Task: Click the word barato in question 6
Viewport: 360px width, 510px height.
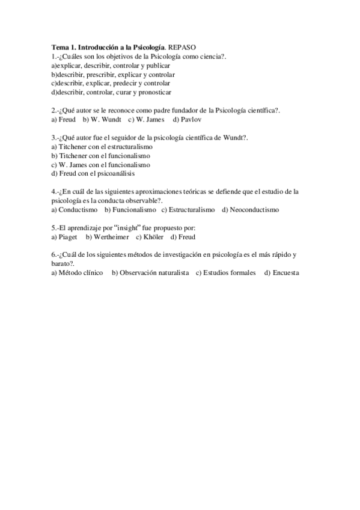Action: click(x=61, y=263)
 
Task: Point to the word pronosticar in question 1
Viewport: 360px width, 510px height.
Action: click(x=154, y=92)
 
